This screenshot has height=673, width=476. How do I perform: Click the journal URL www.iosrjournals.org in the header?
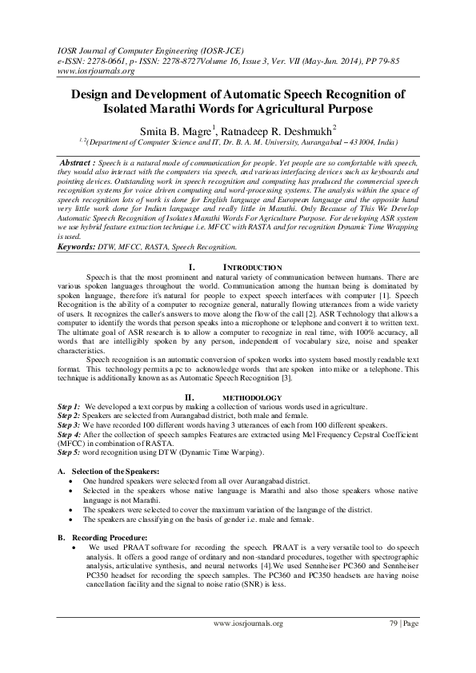pos(84,70)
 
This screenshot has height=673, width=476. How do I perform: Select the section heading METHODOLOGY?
pos(251,397)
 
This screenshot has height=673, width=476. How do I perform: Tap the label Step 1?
pos(69,407)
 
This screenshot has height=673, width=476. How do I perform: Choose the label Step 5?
pos(69,452)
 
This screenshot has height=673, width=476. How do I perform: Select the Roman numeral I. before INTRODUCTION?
pos(190,266)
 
